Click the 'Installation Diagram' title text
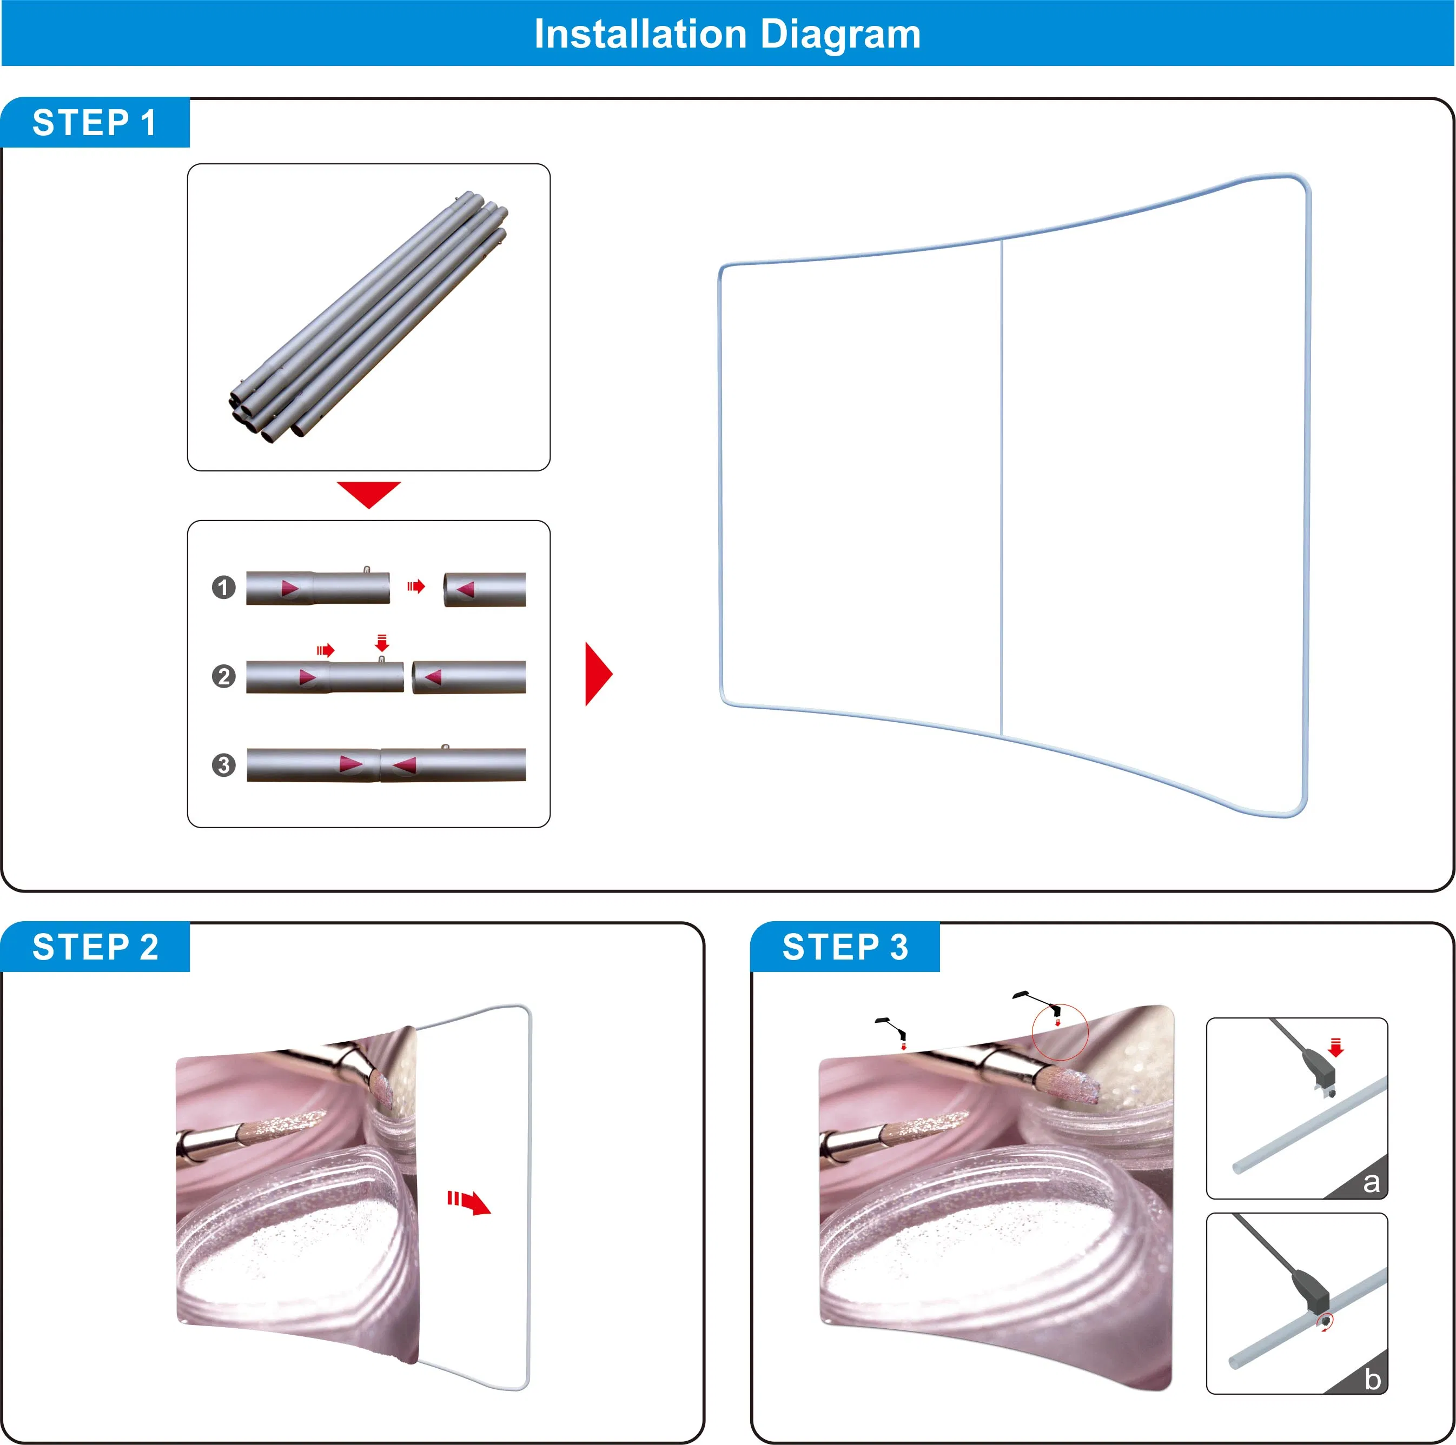pos(727,34)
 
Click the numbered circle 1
pos(223,587)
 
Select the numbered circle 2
pos(223,676)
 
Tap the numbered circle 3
pos(223,765)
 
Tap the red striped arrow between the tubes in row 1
pos(416,586)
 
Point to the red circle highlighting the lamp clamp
pos(1060,1031)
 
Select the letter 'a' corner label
pos(1371,1182)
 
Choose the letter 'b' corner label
pos(1372,1378)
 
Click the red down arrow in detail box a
pos(1336,1048)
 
